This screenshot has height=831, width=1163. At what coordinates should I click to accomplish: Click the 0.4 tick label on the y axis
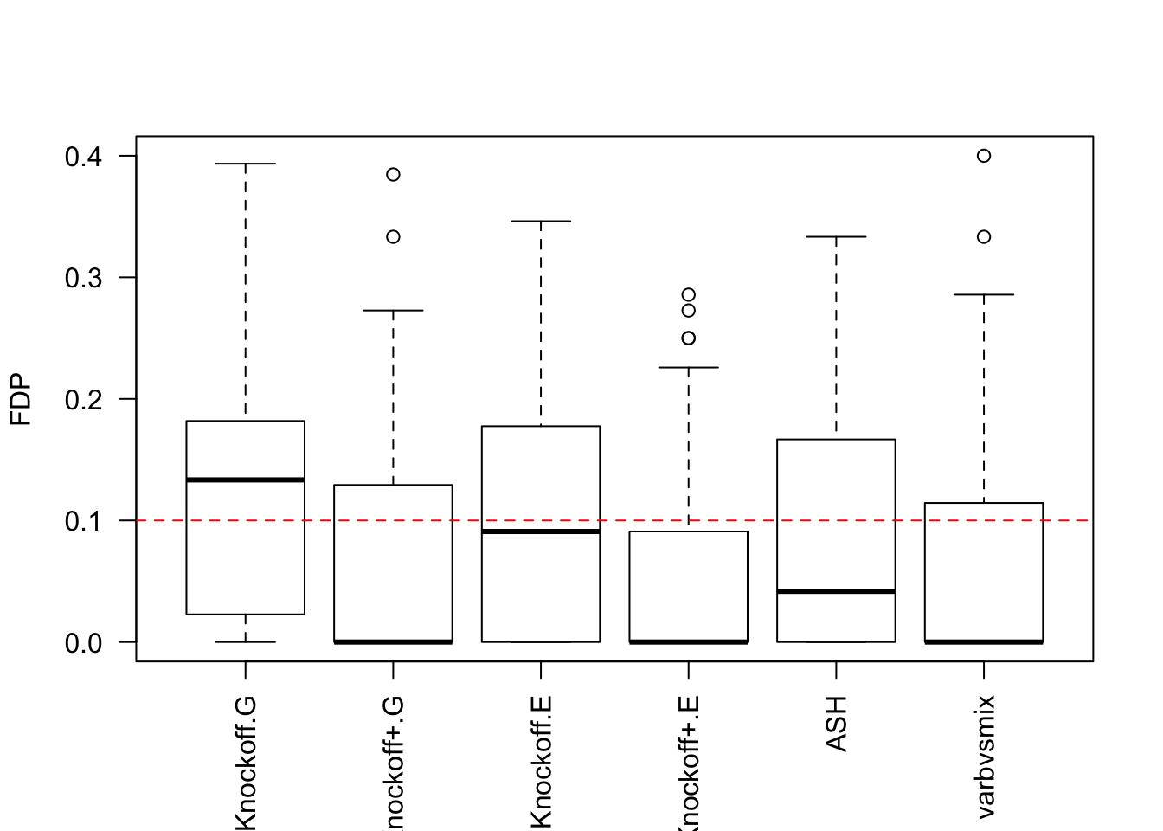(83, 157)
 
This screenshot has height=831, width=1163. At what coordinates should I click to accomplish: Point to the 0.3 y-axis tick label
(83, 278)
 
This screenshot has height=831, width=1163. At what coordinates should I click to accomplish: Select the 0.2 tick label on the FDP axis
(83, 399)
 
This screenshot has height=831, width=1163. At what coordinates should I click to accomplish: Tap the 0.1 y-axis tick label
(83, 521)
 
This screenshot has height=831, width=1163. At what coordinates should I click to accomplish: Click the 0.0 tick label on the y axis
(83, 642)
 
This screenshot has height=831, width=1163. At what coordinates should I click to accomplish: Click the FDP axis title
(21, 399)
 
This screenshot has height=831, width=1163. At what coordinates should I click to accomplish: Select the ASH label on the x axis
(837, 724)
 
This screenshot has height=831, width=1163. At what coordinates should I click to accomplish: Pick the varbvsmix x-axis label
(985, 757)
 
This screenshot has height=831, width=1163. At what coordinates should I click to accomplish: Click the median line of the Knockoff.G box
(246, 480)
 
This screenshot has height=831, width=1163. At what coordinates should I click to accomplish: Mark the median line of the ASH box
(837, 591)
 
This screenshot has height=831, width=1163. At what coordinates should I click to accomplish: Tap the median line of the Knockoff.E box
(541, 531)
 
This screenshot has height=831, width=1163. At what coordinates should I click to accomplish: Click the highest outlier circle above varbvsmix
(984, 156)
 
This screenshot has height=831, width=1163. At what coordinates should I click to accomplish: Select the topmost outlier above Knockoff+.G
(393, 175)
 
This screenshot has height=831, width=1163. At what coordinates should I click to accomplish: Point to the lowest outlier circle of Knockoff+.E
(689, 338)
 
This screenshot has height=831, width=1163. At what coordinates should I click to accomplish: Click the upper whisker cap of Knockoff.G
(246, 164)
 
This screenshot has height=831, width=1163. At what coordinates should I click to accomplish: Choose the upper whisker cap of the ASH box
(837, 236)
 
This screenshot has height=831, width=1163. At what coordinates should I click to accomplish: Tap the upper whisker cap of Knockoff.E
(541, 222)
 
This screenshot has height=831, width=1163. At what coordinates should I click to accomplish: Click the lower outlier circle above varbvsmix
(984, 237)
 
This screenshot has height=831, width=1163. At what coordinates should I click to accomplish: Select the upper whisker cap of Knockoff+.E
(689, 368)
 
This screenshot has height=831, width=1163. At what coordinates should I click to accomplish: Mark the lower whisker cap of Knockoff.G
(246, 642)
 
